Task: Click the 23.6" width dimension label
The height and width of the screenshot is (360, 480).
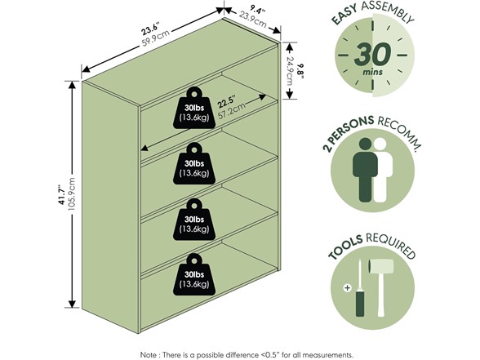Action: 149,29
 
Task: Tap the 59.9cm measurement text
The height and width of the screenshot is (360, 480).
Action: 155,38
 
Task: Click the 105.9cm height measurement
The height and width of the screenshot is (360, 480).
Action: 71,194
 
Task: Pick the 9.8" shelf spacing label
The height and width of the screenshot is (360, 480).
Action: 301,71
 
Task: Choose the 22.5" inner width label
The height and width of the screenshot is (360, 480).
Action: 227,102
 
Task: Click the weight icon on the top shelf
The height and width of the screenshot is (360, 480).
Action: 194,108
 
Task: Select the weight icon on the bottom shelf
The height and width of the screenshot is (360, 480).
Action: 194,275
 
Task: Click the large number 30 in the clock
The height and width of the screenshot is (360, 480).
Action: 372,55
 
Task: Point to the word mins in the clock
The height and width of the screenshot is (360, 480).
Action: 372,72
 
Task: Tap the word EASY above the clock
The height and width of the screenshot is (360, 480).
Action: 344,14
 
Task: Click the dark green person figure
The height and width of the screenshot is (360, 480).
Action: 365,170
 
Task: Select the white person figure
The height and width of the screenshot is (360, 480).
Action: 383,170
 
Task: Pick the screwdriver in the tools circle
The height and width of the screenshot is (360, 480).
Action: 360,288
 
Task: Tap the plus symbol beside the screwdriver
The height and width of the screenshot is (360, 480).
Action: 347,287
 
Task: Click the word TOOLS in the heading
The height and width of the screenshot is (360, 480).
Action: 345,247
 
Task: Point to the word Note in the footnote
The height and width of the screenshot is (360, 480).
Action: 148,355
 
